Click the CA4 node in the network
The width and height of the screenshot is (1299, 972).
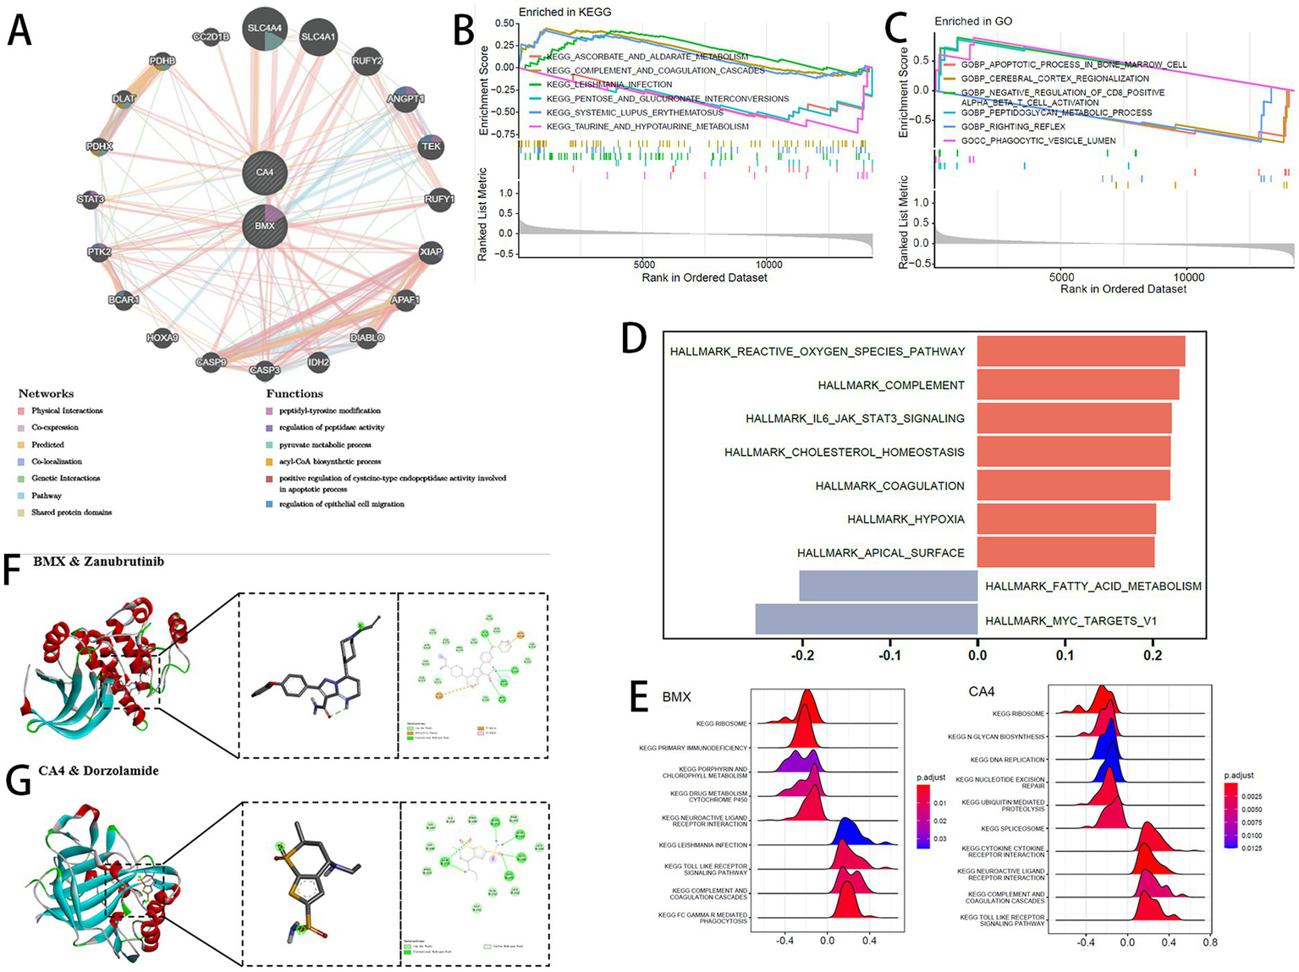tap(264, 173)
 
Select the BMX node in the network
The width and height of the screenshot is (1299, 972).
tap(264, 226)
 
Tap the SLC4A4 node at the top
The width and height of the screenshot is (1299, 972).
tap(264, 29)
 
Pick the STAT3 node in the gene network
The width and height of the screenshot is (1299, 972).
tap(91, 200)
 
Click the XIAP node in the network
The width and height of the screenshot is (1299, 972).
tap(431, 252)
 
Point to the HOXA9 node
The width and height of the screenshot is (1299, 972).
tap(162, 338)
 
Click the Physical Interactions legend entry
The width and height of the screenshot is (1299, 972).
tap(67, 410)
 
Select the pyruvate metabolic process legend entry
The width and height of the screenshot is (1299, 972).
tap(325, 444)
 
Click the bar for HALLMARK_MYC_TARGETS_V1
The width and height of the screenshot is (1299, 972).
tap(866, 619)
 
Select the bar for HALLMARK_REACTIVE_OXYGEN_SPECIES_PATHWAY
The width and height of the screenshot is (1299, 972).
tap(1081, 351)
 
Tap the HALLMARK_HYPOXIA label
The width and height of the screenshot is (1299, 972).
tap(905, 519)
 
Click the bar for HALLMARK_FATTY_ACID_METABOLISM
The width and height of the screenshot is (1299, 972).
tap(888, 585)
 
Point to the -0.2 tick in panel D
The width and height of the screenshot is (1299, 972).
tap(802, 655)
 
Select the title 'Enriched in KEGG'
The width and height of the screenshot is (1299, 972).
tap(564, 12)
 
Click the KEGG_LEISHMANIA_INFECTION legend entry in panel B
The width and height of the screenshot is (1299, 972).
tap(609, 85)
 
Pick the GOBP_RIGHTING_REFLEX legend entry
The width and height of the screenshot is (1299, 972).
tap(1013, 127)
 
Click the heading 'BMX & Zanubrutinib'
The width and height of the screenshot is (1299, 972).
tap(99, 562)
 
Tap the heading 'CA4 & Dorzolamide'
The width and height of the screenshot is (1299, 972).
tap(98, 771)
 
